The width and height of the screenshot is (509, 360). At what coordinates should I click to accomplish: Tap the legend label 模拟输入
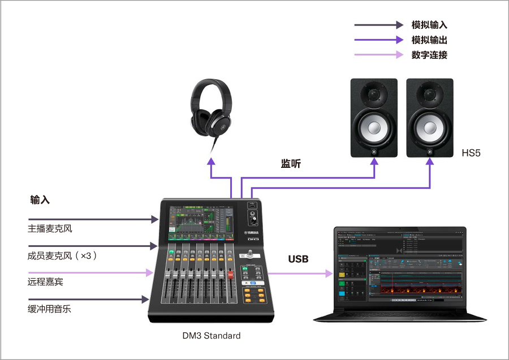pos(429,25)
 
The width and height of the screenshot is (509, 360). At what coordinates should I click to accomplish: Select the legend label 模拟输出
pos(429,40)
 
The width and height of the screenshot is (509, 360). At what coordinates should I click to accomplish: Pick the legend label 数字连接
pos(429,55)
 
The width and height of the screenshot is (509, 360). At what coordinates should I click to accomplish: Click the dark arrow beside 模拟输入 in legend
pos(378,25)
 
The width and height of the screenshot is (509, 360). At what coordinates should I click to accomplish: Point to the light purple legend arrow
pos(378,55)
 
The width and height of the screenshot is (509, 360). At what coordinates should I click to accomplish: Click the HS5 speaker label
pos(471,153)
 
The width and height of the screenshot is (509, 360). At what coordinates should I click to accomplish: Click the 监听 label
pos(291,164)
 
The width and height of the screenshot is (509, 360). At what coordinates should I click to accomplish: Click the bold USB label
pos(298,259)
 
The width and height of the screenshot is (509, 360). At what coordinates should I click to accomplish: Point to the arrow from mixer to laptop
pos(300,274)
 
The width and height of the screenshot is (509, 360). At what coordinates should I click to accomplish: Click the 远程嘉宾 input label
pos(45,282)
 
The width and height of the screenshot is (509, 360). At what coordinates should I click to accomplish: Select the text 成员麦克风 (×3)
pos(62,255)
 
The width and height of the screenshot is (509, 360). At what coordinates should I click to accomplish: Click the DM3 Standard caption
pos(212,336)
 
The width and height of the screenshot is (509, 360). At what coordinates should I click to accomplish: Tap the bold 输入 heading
pos(40,200)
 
